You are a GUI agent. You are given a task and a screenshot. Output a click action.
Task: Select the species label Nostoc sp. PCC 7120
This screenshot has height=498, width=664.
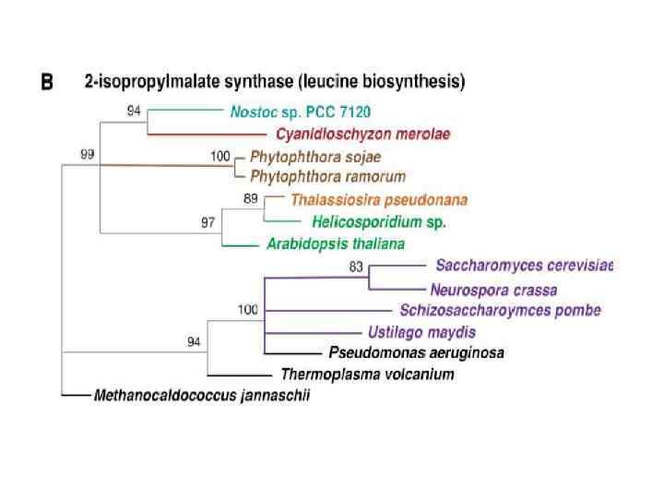click(x=300, y=113)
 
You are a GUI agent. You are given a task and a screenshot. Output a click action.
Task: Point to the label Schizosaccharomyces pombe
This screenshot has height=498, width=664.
click(x=500, y=311)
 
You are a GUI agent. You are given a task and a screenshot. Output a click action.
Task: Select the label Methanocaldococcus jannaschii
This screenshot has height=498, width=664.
click(x=202, y=396)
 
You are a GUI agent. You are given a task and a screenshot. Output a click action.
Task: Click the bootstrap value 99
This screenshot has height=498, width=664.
click(x=87, y=154)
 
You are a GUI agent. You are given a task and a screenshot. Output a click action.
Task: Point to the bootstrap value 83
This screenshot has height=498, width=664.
click(x=359, y=267)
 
